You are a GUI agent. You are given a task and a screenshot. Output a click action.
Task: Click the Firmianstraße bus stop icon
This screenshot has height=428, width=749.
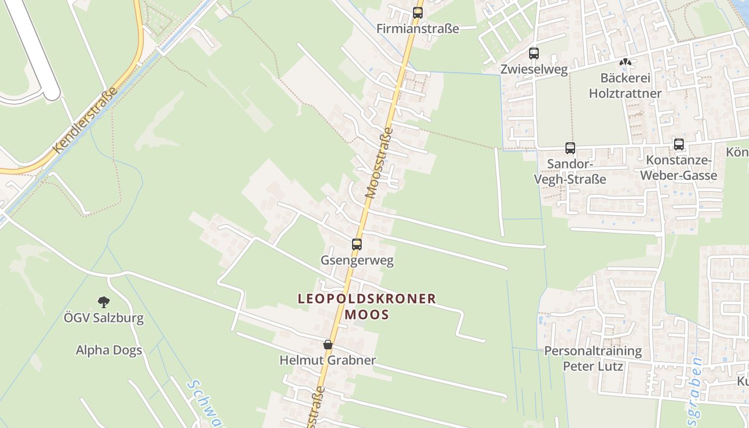coord(418,13)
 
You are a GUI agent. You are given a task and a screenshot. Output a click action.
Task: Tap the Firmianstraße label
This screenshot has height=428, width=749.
coord(418,29)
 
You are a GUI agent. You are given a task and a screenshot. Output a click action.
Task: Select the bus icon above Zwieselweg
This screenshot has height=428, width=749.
coord(533,53)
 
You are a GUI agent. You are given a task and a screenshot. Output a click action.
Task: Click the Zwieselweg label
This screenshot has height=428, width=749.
coord(533,70)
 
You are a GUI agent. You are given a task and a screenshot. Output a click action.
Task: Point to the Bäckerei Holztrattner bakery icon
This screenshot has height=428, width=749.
coord(625,63)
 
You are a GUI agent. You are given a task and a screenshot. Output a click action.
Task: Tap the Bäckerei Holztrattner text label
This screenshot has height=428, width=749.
coord(625,86)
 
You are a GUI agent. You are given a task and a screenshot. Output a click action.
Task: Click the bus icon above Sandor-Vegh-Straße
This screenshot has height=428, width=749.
coord(570,148)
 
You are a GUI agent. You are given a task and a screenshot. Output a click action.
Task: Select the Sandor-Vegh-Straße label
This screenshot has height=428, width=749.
coord(570,171)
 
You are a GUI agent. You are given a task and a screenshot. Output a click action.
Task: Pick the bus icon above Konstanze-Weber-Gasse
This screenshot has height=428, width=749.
coord(679,144)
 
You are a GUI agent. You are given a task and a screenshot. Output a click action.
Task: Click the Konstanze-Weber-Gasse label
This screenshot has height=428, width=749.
coord(678,168)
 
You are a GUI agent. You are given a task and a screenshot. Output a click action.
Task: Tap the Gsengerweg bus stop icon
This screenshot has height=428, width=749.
coord(357,244)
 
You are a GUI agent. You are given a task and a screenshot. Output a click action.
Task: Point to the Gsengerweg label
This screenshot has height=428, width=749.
coord(357,261)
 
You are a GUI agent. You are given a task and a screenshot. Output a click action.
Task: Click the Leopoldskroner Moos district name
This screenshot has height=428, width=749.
coord(367,307)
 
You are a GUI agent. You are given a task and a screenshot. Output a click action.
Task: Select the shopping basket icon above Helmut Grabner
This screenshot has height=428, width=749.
coord(328,345)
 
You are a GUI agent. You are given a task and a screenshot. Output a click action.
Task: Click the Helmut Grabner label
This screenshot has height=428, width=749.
coord(327,361)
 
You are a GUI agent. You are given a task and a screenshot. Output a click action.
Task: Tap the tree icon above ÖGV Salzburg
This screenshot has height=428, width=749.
coord(104,302)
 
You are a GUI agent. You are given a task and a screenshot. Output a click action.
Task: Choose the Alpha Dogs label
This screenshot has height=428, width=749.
coord(109,350)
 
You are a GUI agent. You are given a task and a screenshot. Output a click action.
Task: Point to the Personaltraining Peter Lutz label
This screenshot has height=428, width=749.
coord(593,358)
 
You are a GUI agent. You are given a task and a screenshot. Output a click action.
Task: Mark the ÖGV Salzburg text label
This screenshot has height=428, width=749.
coord(104,318)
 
